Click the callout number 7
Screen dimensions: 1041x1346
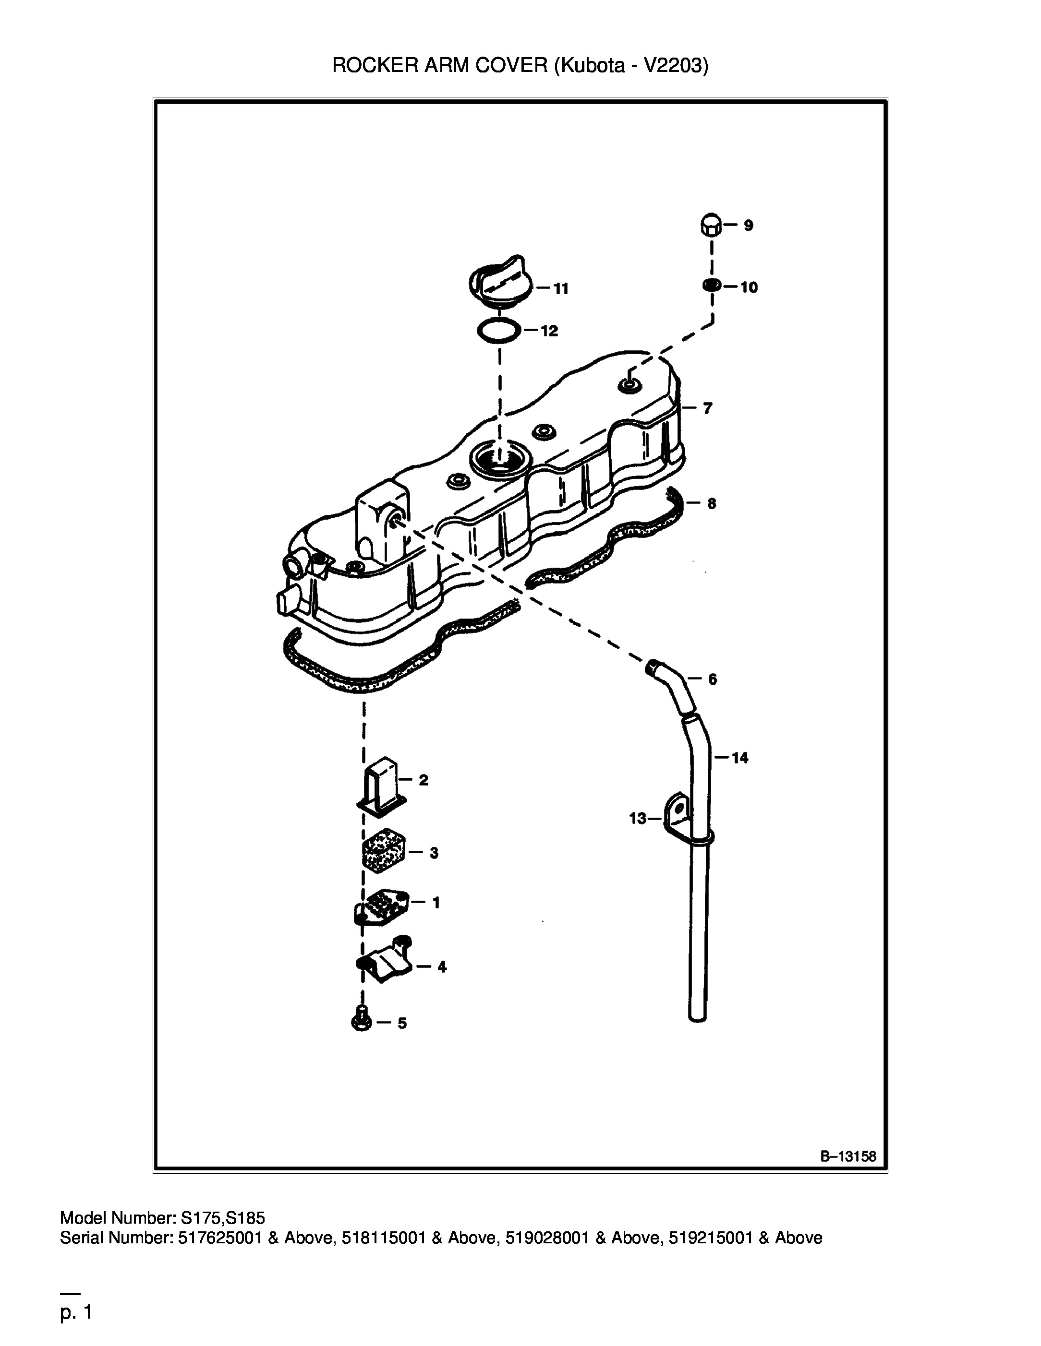coord(707,408)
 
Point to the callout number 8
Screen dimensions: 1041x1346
coord(712,503)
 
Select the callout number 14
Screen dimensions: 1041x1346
coord(740,758)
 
